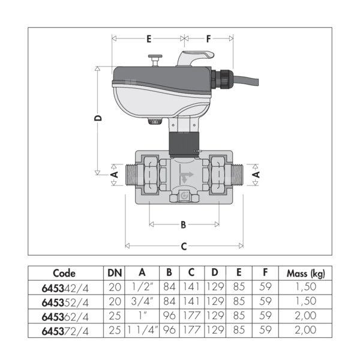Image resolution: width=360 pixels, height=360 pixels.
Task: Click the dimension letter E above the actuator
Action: (149, 39)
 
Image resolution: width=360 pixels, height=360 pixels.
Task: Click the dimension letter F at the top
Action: (208, 39)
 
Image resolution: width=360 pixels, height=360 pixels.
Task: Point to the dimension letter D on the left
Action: (98, 118)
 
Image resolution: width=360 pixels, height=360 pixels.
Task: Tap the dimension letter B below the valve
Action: (183, 225)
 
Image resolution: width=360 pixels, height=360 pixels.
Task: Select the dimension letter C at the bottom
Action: (184, 247)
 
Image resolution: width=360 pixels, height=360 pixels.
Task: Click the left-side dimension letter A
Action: (115, 175)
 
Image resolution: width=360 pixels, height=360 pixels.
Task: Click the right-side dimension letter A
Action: (256, 175)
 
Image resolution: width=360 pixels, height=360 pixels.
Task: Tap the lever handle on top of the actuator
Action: (196, 58)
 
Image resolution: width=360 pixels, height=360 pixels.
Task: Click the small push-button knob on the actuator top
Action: (155, 61)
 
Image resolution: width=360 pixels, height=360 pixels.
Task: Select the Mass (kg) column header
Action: (305, 274)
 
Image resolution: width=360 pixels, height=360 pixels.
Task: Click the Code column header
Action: (64, 273)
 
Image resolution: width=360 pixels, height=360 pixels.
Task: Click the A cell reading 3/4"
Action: (142, 301)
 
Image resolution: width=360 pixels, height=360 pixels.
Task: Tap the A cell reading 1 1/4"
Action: (142, 330)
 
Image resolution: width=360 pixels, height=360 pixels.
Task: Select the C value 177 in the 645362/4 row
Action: (191, 316)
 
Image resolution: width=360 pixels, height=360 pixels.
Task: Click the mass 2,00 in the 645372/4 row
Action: (305, 330)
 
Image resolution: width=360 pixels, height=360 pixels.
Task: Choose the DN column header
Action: (115, 273)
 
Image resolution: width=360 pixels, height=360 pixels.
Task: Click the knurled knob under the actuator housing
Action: (155, 121)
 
